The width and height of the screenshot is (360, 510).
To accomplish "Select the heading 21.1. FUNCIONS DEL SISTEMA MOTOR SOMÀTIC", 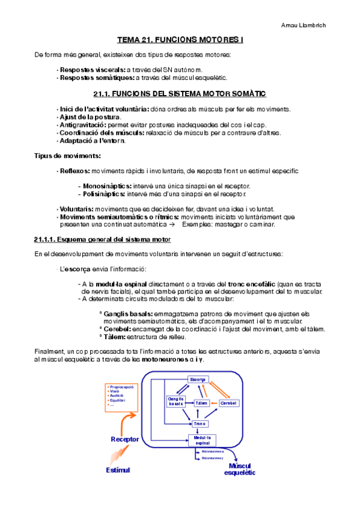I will [x=180, y=94].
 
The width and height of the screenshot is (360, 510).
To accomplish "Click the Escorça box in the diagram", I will [x=198, y=380].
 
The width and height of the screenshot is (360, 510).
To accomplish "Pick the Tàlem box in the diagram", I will [x=202, y=402].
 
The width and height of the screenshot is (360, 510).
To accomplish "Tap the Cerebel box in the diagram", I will [x=229, y=402].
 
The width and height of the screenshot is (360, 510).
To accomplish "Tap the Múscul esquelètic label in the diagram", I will [x=240, y=469].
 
